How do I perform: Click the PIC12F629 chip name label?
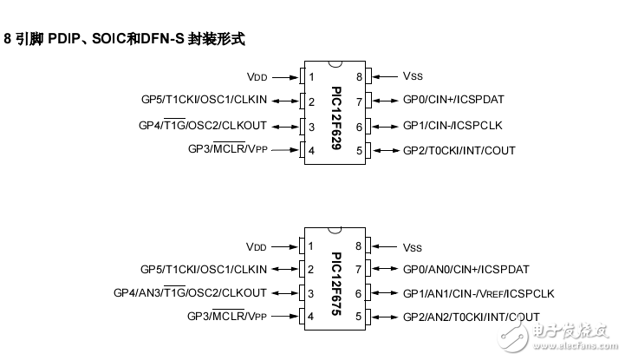point(336,114)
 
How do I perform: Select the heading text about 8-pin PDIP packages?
point(125,39)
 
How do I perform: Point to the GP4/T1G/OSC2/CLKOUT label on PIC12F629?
point(203,125)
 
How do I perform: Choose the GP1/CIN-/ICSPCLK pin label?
point(452,125)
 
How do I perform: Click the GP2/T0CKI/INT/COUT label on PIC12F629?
point(459,151)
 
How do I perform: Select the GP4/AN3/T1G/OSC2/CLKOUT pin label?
point(190,292)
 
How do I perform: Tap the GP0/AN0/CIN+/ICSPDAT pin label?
point(465,268)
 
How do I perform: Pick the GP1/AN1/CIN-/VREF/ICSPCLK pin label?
point(478,292)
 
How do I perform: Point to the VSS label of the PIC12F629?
point(413,76)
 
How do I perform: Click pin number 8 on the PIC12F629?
point(358,77)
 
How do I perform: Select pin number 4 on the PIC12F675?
point(310,317)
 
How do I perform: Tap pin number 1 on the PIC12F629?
point(310,77)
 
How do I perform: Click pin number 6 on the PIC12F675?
point(358,292)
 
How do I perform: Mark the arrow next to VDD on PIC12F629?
point(283,77)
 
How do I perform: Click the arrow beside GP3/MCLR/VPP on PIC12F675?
point(283,317)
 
